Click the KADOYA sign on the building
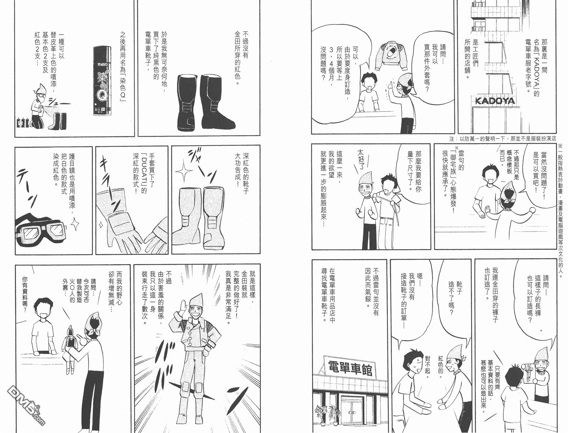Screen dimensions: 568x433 click(495, 101)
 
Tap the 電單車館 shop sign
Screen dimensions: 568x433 click(350, 368)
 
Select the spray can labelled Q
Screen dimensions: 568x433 click(103, 81)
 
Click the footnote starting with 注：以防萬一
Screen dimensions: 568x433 click(503, 139)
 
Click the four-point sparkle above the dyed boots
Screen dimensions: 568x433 click(184, 171)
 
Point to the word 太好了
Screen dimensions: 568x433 click(360, 161)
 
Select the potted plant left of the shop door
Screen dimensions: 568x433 click(321, 416)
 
